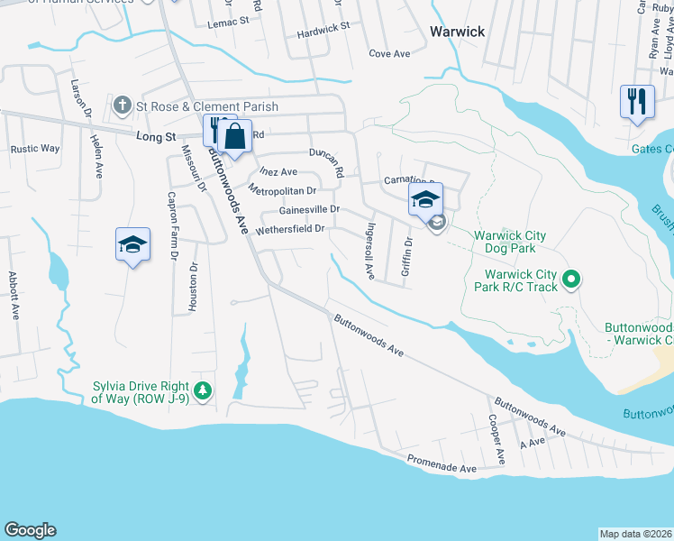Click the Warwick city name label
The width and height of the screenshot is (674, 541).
coord(457,32)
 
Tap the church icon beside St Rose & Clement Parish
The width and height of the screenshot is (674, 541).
coord(123,106)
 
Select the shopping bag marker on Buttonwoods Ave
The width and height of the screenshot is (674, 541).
coord(234,137)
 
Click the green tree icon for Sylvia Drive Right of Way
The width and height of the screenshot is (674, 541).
coord(204,390)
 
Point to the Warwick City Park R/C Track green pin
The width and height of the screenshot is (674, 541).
coord(570,281)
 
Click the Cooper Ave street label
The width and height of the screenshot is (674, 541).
coord(494,439)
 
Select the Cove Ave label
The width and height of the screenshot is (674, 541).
coord(389,54)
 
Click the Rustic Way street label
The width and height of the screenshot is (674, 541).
coord(35,149)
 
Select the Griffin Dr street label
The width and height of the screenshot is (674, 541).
coord(407,256)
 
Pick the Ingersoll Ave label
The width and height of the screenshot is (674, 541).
coord(369,251)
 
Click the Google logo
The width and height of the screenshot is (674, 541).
coord(30,530)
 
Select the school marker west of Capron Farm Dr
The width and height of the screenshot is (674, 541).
coord(132,243)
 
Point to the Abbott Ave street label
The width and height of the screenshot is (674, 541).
coord(14,296)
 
